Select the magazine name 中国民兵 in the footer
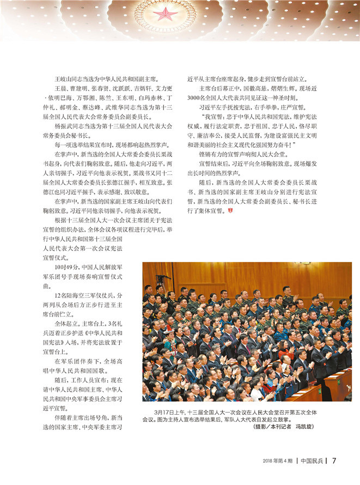pos(313,460)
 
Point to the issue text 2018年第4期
pos(278,460)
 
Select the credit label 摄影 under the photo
pos(261,427)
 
